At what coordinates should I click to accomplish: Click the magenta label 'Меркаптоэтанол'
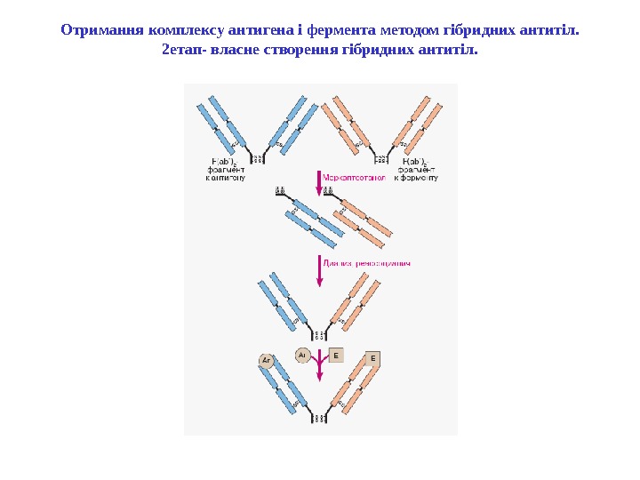point(356,177)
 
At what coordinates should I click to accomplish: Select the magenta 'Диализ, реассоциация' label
point(366,263)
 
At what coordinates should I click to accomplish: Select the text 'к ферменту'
point(415,178)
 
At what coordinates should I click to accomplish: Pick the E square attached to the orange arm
point(373,358)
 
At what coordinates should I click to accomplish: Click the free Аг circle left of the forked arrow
point(301,355)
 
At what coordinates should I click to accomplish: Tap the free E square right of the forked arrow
point(336,355)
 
